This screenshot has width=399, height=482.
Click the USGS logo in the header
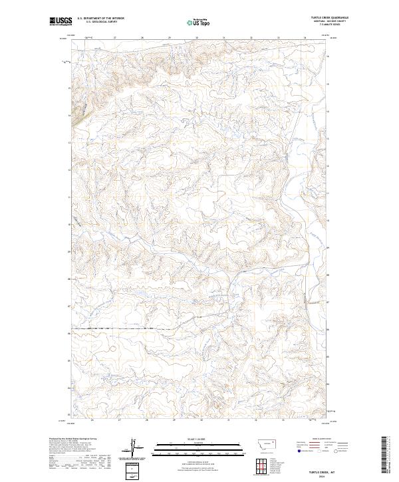[x=61, y=21]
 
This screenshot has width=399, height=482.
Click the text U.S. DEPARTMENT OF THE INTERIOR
[x=100, y=19]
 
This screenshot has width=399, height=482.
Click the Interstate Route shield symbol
[x=299, y=451]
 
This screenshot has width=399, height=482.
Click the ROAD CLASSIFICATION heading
[x=322, y=439]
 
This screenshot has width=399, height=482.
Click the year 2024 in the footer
[x=322, y=477]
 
